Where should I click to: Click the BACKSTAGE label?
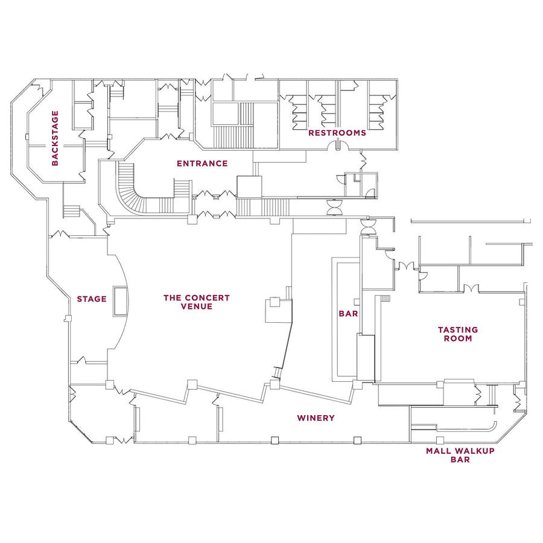point(56,138)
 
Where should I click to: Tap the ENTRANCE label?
point(202,164)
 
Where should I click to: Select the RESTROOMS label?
point(337,133)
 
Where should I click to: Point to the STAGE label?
point(92,299)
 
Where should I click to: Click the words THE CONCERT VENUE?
point(197,302)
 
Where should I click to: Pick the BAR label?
point(348,314)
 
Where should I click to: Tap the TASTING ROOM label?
point(458,334)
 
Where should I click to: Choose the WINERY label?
point(316,418)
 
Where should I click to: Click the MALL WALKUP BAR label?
point(460,455)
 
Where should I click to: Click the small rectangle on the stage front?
point(120,302)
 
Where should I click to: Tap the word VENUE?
point(197,306)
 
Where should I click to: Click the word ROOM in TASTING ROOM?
point(458,339)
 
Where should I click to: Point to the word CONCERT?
point(208,297)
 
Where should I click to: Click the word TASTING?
point(458,330)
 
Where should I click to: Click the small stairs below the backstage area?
point(71,211)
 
